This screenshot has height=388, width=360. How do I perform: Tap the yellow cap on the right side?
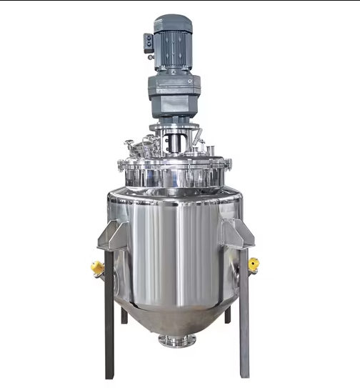pos(254,265)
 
